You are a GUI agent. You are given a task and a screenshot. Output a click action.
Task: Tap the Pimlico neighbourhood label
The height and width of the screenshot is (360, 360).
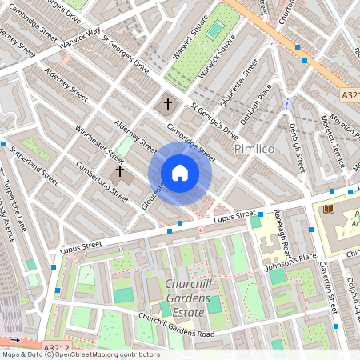[x=254, y=150]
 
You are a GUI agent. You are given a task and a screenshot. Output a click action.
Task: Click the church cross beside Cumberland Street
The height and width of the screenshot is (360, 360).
[x=120, y=170]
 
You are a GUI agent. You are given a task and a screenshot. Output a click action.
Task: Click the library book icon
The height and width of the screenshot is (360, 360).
[x=328, y=210]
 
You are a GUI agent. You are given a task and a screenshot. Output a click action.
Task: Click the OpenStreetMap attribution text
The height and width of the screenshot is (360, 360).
[x=80, y=354]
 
